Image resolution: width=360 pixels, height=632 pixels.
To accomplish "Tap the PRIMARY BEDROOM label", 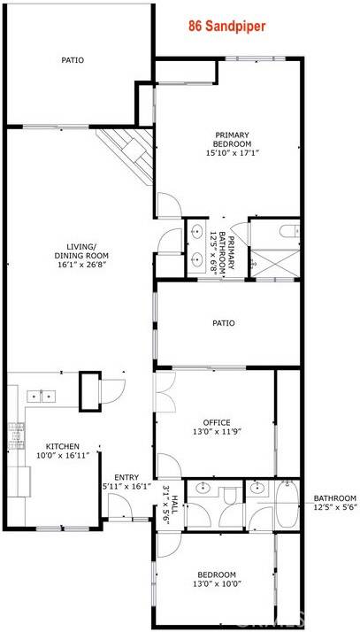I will click(x=233, y=143).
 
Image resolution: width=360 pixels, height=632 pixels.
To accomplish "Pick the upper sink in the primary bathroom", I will click(x=196, y=232).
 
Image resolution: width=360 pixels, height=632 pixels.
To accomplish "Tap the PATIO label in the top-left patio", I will click(x=73, y=61).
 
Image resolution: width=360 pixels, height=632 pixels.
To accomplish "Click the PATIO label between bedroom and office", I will click(x=224, y=323).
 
